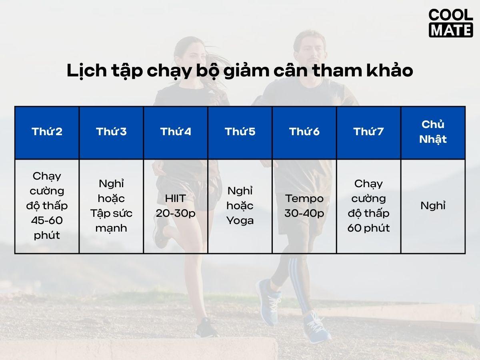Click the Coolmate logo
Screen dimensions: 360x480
pyautogui.click(x=450, y=23)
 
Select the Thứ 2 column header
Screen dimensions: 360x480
pyautogui.click(x=47, y=132)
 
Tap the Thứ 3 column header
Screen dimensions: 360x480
pyautogui.click(x=112, y=132)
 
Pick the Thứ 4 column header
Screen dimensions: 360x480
pyautogui.click(x=176, y=132)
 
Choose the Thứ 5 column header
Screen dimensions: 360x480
pyautogui.click(x=240, y=132)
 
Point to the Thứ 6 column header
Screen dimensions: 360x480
pyautogui.click(x=304, y=132)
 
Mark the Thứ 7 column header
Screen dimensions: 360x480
pyautogui.click(x=368, y=132)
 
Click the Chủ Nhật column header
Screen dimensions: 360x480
pyautogui.click(x=433, y=132)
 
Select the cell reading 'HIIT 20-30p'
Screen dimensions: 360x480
pyautogui.click(x=176, y=206)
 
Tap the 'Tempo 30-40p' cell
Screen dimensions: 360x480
pyautogui.click(x=304, y=206)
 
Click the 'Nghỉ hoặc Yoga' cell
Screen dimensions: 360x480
pyautogui.click(x=240, y=206)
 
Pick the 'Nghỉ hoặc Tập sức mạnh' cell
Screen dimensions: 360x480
pyautogui.click(x=112, y=206)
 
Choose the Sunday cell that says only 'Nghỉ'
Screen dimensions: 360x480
pyautogui.click(x=433, y=206)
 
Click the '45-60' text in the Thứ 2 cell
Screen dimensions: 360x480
pyautogui.click(x=47, y=220)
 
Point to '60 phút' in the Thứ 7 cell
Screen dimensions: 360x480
pyautogui.click(x=368, y=228)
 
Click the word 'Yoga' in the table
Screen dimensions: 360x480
pyautogui.click(x=240, y=220)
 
